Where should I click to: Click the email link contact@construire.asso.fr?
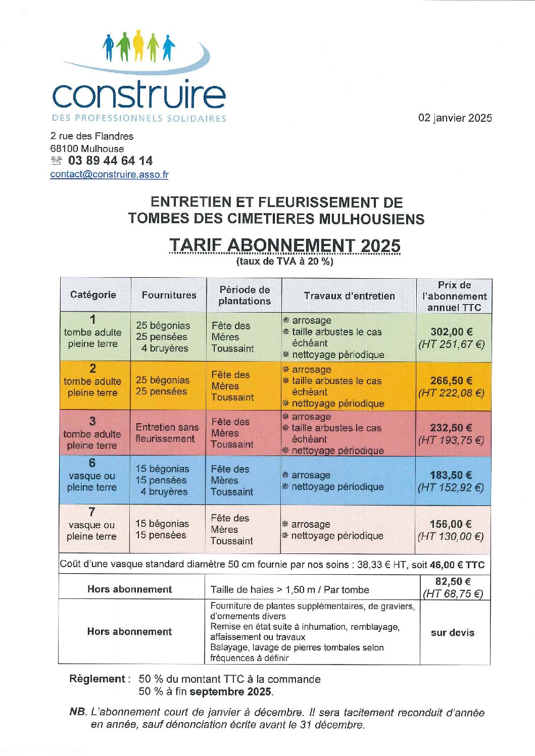pos(109,174)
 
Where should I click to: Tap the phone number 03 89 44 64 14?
pos(110,161)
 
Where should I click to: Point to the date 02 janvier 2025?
pos(455,118)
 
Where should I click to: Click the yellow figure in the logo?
pos(139,44)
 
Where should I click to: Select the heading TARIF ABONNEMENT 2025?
pos(284,245)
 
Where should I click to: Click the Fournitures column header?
pos(169,295)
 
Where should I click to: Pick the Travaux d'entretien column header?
pos(349,296)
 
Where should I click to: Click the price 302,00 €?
pos(451,332)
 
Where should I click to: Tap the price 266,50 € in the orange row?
pos(451,381)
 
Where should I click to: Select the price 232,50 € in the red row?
pos(451,428)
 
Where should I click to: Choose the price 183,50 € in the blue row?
pos(451,475)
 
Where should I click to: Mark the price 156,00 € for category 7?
pos(450,524)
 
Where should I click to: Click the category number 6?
pos(92,463)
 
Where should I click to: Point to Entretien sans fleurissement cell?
pos(167,433)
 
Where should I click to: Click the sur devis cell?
pos(452,632)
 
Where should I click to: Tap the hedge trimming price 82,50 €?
pos(453,582)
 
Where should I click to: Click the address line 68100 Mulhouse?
pos(87,148)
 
